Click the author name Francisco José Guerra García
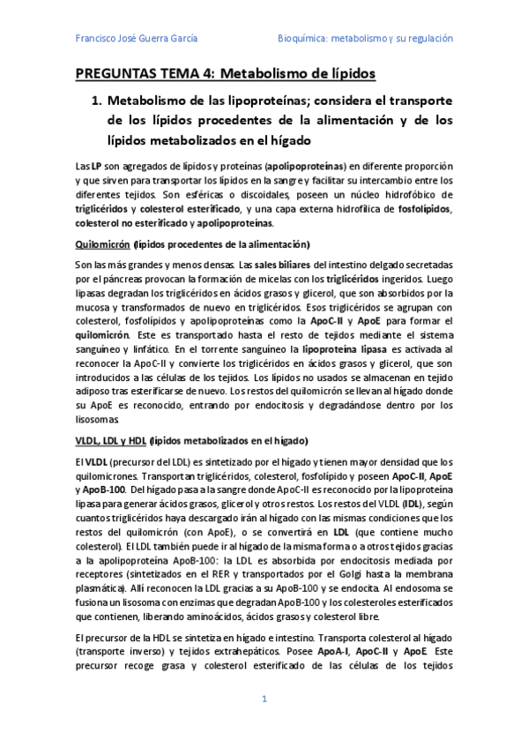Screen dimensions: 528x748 (137, 39)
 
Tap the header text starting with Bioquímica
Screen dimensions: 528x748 (365, 39)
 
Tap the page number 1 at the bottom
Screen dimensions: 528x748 (264, 699)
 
